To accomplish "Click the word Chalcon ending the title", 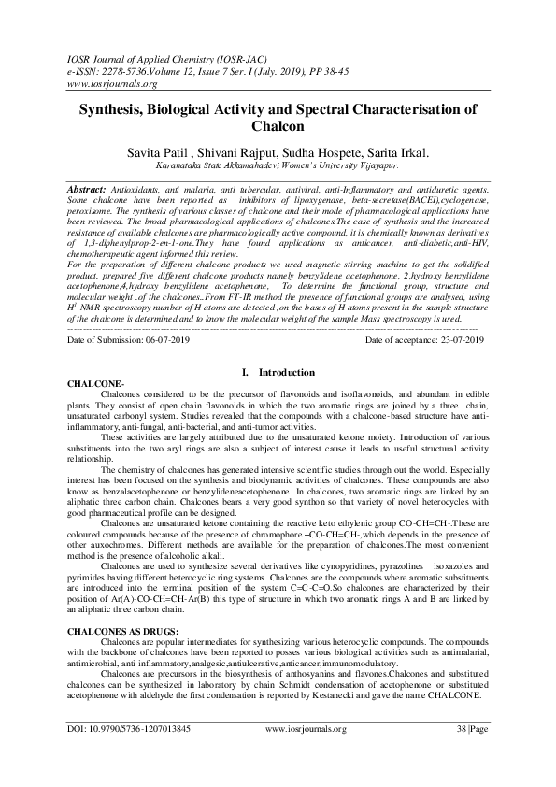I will tap(278, 125).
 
